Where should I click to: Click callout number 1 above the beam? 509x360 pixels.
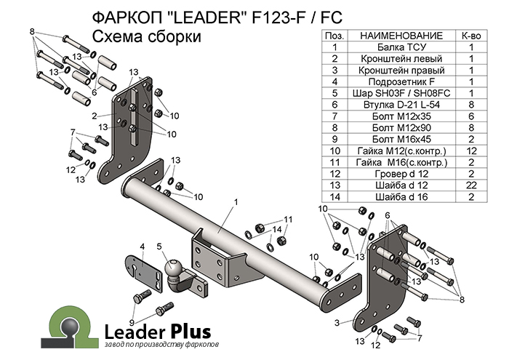(x=236, y=201)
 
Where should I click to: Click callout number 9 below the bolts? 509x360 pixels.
(x=132, y=322)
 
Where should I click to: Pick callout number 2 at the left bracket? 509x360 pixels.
(x=95, y=116)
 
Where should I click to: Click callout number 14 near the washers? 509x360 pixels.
(x=277, y=230)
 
